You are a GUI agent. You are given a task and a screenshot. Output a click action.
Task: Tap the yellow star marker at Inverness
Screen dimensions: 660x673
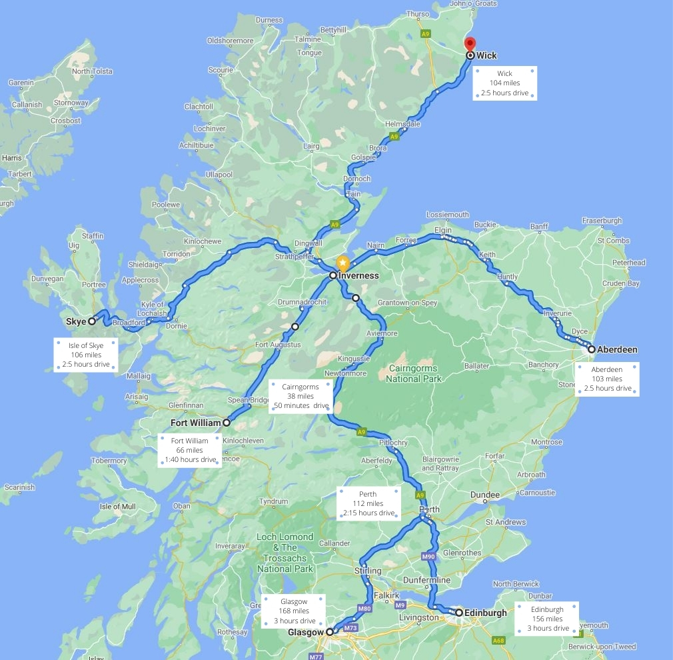coord(342,264)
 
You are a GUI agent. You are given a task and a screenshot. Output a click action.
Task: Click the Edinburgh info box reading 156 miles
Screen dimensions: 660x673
coord(547,619)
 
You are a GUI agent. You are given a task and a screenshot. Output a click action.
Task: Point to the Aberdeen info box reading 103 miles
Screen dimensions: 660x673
coord(607,379)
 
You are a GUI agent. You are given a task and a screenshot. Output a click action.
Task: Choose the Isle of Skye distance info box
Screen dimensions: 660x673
coord(86,355)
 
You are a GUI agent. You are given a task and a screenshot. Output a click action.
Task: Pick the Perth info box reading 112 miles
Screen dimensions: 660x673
coord(368,503)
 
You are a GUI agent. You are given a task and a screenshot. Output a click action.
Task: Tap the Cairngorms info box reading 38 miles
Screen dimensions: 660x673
coord(301,396)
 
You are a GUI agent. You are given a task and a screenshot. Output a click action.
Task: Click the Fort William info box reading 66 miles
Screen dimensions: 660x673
coord(190,450)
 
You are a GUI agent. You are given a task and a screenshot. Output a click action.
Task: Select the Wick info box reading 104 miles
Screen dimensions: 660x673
coord(504,83)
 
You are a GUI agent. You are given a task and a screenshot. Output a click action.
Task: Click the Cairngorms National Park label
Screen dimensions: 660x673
coord(412,373)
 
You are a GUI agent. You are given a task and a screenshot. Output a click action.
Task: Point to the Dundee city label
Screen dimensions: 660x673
coord(484,495)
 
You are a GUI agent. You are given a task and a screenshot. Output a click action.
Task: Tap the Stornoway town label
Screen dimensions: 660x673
coord(71,103)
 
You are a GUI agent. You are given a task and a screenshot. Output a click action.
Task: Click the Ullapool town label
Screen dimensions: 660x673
coord(219,175)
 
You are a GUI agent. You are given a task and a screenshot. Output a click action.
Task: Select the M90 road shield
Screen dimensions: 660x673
coord(428,555)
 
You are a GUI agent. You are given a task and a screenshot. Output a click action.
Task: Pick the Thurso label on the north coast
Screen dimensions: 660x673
coord(418,14)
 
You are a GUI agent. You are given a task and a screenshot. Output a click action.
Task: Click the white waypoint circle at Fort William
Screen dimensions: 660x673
coord(227,423)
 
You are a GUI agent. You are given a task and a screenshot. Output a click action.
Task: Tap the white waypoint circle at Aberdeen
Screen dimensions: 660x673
coord(591,349)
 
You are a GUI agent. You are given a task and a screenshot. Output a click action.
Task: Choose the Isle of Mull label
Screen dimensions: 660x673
coord(118,507)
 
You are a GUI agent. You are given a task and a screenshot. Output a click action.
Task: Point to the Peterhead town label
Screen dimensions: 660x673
coord(628,263)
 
